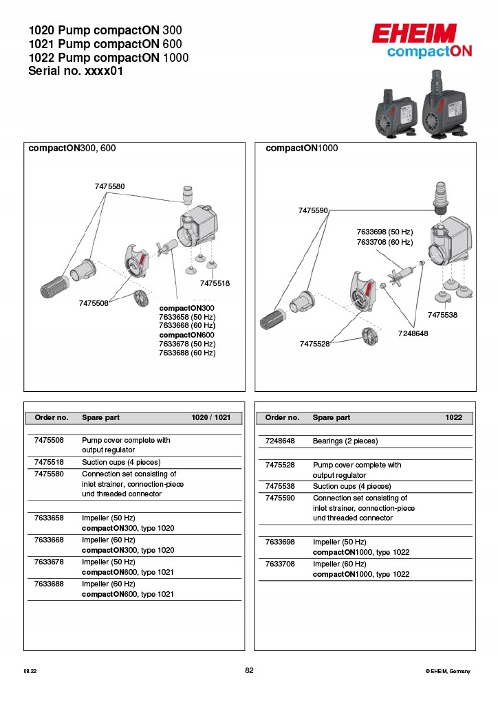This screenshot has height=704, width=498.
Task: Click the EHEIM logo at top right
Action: [414, 34]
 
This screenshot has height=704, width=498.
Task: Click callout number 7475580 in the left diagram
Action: [110, 186]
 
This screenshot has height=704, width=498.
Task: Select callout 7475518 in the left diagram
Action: [215, 283]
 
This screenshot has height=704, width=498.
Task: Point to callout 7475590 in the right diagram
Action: [313, 210]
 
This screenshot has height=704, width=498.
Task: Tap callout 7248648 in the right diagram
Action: [413, 333]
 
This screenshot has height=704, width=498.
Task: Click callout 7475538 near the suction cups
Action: [442, 314]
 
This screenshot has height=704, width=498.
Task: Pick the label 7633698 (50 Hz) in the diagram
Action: [385, 232]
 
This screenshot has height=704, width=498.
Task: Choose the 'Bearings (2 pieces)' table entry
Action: [345, 441]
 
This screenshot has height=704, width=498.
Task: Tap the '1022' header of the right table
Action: [454, 417]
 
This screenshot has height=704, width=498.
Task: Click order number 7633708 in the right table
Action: [280, 564]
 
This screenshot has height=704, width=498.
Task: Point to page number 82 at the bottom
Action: [249, 670]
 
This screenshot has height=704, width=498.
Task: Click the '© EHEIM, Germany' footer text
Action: [448, 671]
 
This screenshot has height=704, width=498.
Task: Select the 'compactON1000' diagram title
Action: [301, 148]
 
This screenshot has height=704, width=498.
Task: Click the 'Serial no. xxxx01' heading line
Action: [76, 71]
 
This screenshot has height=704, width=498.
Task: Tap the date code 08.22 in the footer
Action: [30, 671]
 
